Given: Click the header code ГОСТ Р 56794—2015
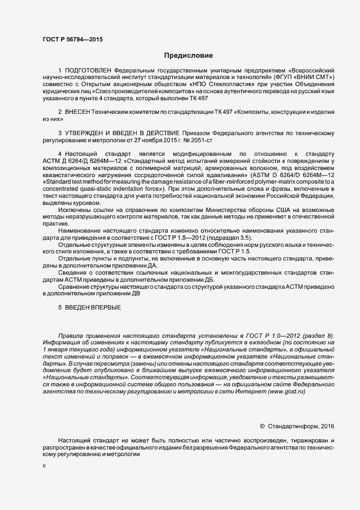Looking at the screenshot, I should point(72,39).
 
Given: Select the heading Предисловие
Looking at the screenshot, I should point(189,55).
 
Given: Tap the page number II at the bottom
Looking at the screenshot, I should point(44,466).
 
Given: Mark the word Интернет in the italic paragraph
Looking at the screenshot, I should point(249,393).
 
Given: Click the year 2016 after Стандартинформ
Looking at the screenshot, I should point(327,426).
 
